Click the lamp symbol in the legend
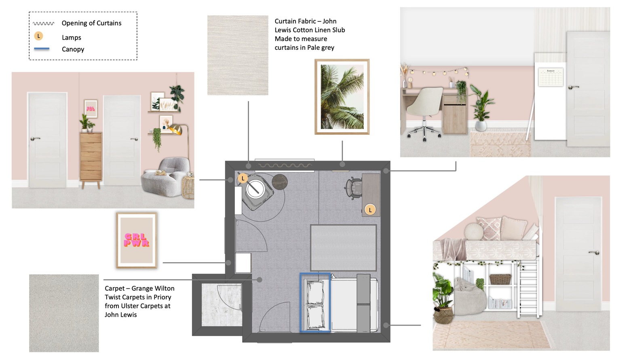click(x=38, y=36)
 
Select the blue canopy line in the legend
click(x=42, y=49)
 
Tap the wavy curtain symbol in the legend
click(x=44, y=23)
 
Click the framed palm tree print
click(x=342, y=97)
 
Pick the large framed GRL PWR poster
click(x=137, y=240)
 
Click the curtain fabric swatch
click(x=238, y=55)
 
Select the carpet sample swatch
click(x=64, y=313)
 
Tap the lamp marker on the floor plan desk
click(x=370, y=210)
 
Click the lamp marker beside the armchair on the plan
click(x=243, y=178)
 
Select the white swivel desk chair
click(x=424, y=112)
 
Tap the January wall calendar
click(x=551, y=77)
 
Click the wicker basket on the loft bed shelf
click(x=500, y=279)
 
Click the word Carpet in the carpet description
click(x=114, y=288)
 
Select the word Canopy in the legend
click(x=73, y=49)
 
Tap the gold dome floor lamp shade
click(x=176, y=129)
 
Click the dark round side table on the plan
click(x=279, y=182)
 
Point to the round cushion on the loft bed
click(x=474, y=231)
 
